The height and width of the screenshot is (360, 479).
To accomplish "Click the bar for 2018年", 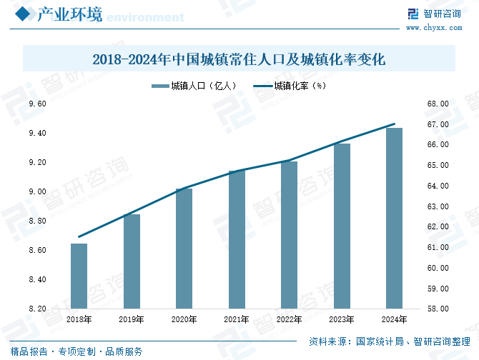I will pyautogui.click(x=79, y=276).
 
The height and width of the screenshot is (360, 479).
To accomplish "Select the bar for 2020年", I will pyautogui.click(x=184, y=249).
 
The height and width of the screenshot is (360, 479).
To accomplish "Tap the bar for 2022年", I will pyautogui.click(x=289, y=235).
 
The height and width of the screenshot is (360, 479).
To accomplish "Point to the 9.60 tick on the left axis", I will pyautogui.click(x=37, y=104).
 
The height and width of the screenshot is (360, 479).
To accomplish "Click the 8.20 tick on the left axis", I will pyautogui.click(x=37, y=309).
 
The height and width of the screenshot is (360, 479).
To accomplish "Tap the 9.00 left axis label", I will pyautogui.click(x=37, y=192).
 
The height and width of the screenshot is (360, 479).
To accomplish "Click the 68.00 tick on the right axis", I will pyautogui.click(x=438, y=104).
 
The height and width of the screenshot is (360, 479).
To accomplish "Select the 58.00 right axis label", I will pyautogui.click(x=438, y=309).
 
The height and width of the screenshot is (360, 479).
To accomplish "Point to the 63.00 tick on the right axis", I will pyautogui.click(x=438, y=207).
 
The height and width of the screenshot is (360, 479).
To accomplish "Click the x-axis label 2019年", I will pyautogui.click(x=132, y=319).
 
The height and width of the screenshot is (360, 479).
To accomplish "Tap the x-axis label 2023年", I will pyautogui.click(x=342, y=319).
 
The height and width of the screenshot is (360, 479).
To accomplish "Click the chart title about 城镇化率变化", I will pyautogui.click(x=239, y=59).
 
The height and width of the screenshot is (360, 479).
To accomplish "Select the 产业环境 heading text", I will pyautogui.click(x=69, y=14).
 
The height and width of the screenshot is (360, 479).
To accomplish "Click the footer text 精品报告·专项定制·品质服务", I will pyautogui.click(x=71, y=351).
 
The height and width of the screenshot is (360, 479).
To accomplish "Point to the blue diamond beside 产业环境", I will pyautogui.click(x=21, y=14).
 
